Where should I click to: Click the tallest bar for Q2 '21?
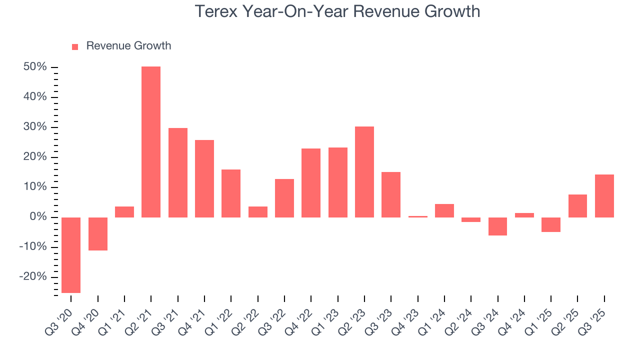pos(151,142)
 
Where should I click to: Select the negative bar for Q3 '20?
pos(71,255)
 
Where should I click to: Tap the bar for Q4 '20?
pos(98,233)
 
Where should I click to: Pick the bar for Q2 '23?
pos(364,172)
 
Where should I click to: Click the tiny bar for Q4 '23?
pos(418,216)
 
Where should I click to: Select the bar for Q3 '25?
pos(604,196)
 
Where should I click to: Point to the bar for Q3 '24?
pos(498,226)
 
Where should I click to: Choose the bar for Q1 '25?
pos(551,224)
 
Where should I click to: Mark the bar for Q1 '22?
pos(231,193)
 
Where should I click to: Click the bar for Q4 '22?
pos(311,183)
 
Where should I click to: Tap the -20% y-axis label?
pos(33,277)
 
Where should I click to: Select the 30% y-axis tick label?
pos(35,127)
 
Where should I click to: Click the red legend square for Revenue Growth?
pos(75,46)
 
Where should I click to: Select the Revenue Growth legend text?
pos(128,46)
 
